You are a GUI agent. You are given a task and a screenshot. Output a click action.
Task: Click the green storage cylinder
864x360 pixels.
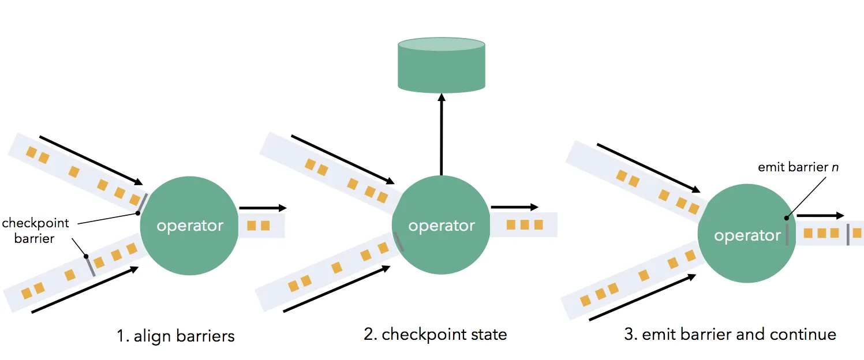tap(442, 65)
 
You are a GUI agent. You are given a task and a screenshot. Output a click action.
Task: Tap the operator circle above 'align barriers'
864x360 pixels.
tap(189, 226)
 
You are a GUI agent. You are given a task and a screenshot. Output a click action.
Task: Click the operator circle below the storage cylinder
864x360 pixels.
tap(441, 224)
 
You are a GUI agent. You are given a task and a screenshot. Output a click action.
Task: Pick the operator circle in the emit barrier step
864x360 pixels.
tap(747, 233)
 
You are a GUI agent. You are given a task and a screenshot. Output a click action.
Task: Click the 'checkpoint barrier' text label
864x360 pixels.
tap(35, 231)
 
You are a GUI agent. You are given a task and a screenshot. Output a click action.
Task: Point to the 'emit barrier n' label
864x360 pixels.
tap(798, 167)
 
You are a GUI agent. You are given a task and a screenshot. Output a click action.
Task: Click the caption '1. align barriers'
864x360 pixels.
tap(175, 336)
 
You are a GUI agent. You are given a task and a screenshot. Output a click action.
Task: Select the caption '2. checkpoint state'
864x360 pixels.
tap(435, 334)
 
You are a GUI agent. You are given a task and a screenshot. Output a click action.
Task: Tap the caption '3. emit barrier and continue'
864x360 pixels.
tap(730, 334)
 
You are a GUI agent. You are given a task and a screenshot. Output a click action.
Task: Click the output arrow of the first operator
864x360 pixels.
tap(263, 208)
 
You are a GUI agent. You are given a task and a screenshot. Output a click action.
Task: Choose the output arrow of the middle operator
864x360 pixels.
tap(515, 207)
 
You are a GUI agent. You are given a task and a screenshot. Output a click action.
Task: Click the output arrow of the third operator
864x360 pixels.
tap(820, 215)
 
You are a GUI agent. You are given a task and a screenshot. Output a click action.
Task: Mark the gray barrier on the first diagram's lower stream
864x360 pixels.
tap(90, 266)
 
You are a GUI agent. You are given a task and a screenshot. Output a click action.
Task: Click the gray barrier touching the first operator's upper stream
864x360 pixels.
tap(143, 203)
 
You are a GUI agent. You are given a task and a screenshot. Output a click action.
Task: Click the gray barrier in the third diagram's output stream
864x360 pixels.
tap(848, 234)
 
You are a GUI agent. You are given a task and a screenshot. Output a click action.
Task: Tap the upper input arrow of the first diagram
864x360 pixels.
tap(91, 160)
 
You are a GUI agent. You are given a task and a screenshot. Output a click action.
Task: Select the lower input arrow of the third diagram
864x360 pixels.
tap(642, 297)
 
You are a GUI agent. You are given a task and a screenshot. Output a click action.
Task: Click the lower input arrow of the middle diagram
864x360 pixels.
tap(336, 288)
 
